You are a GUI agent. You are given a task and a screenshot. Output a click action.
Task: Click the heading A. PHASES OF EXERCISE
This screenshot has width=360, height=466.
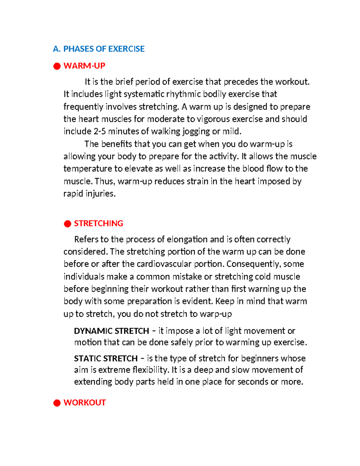[99, 49]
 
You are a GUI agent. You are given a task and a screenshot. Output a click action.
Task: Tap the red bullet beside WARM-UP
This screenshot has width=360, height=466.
[57, 66]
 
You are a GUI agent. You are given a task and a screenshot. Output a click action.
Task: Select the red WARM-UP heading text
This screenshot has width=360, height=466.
[84, 66]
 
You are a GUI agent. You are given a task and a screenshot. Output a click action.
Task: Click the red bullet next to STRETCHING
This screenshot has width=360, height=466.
[67, 224]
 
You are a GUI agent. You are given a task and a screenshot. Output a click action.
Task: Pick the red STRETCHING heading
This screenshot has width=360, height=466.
[98, 223]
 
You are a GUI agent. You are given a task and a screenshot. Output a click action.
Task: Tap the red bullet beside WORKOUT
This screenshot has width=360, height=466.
[57, 403]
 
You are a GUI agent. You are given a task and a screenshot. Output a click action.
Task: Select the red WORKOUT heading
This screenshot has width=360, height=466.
[85, 402]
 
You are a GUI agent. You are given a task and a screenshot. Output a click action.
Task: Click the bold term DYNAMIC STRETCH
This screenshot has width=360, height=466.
[111, 331]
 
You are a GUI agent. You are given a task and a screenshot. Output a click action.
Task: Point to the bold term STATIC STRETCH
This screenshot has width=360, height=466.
[106, 358]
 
